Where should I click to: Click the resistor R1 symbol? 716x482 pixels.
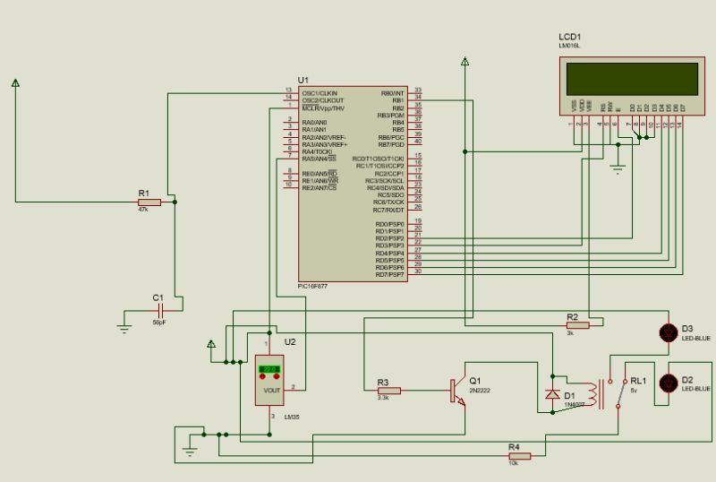(x=149, y=202)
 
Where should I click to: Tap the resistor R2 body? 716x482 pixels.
(x=577, y=326)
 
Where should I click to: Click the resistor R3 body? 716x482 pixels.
(x=388, y=391)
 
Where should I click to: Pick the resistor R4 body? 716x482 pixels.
(x=519, y=456)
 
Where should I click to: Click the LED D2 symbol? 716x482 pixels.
(x=667, y=383)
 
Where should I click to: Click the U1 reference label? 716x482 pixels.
(x=303, y=81)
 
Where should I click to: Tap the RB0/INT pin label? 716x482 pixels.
(x=392, y=91)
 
